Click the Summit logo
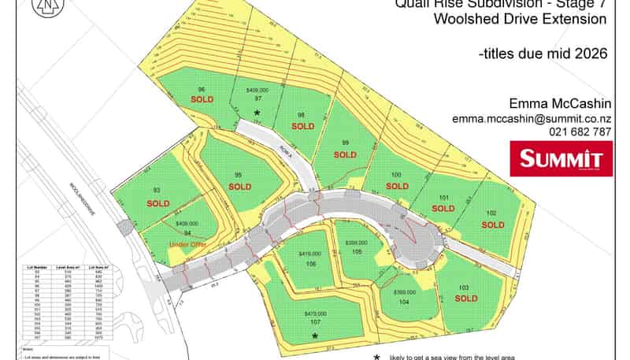(561, 158)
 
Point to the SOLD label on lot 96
(201, 99)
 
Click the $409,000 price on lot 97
(258, 91)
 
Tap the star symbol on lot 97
(257, 113)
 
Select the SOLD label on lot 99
(345, 154)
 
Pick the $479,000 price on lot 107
(313, 313)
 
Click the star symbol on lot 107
(314, 336)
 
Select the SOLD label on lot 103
(466, 299)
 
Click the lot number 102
(492, 213)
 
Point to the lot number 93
(157, 191)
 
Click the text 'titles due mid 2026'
(543, 54)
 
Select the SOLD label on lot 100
(398, 186)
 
